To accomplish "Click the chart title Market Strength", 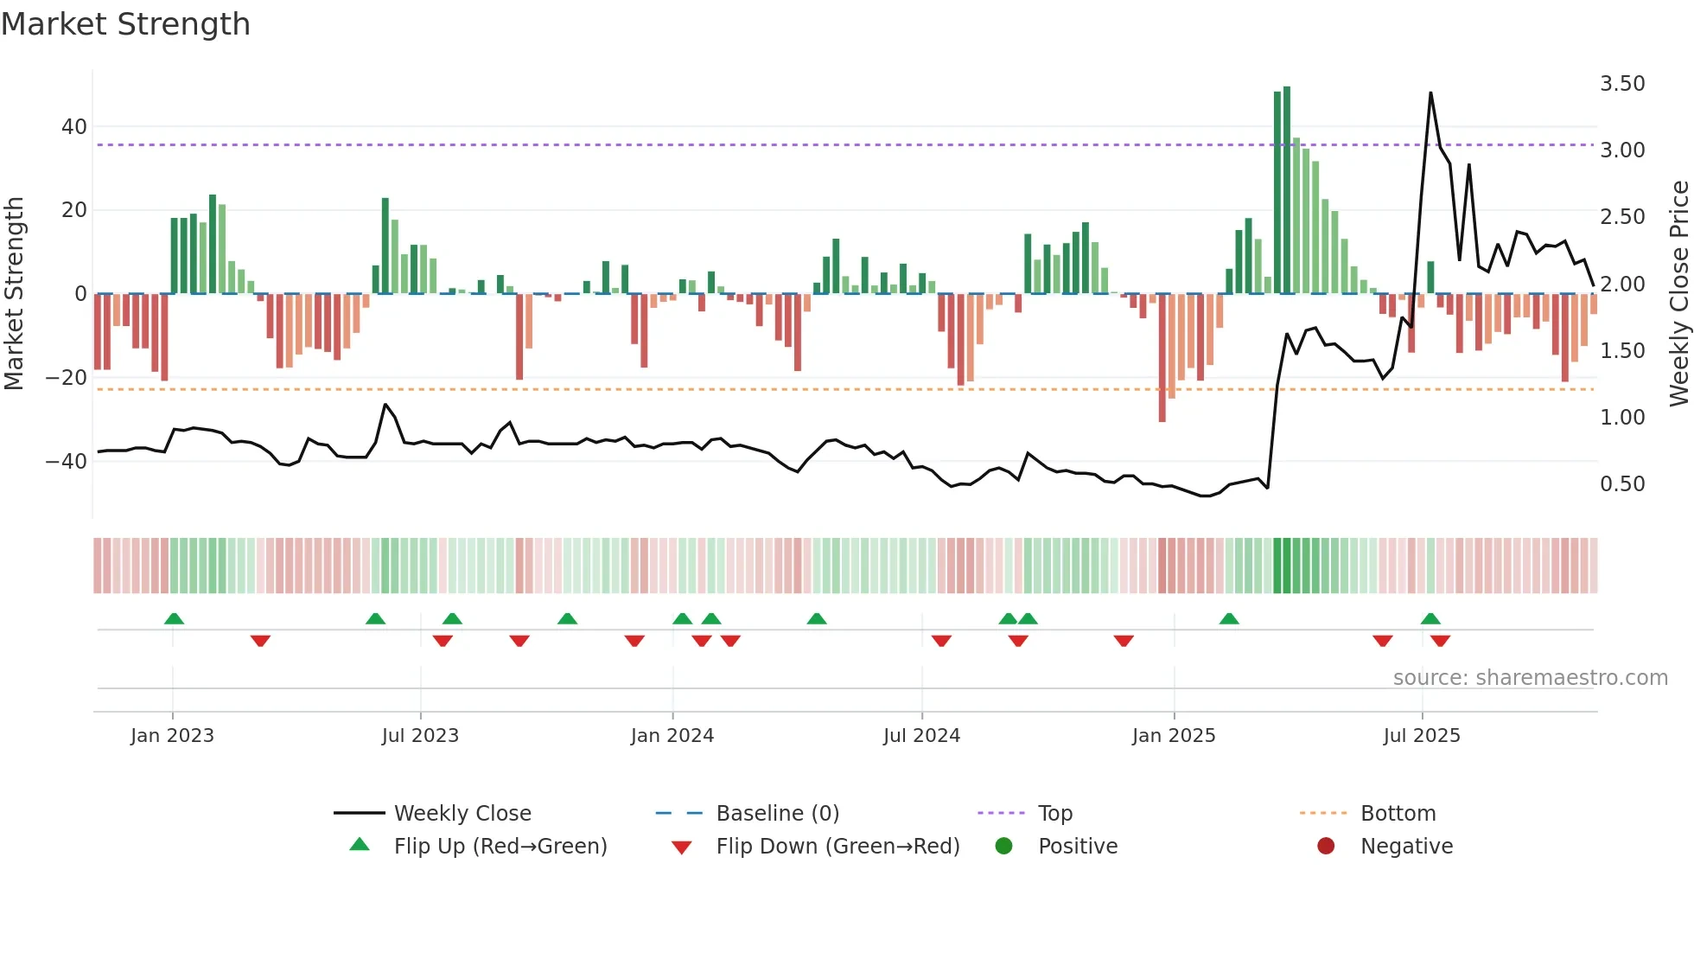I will (x=125, y=24).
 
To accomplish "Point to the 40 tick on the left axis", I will (x=73, y=126).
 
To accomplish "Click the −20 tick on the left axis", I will (x=67, y=378).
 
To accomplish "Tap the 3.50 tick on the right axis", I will (x=1621, y=84).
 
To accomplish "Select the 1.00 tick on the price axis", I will (x=1621, y=418).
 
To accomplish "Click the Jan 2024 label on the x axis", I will (x=672, y=736).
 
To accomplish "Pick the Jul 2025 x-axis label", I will (x=1421, y=736).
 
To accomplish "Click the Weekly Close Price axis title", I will (x=1678, y=294).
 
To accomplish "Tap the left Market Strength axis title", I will (x=14, y=294).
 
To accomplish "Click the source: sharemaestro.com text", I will (x=1530, y=678).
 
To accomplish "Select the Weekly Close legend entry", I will (x=462, y=814).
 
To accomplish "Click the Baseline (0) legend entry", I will (x=777, y=814).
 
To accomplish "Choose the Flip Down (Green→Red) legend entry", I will (x=837, y=847).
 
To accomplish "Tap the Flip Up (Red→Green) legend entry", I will (x=500, y=847).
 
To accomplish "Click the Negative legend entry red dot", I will (x=1325, y=847).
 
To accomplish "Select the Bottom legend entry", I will (x=1398, y=814).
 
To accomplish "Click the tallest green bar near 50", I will (x=1287, y=190).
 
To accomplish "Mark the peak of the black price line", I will (x=1430, y=93).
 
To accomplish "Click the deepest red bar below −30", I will (x=1162, y=359).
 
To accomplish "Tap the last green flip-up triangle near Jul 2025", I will (x=1430, y=619).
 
